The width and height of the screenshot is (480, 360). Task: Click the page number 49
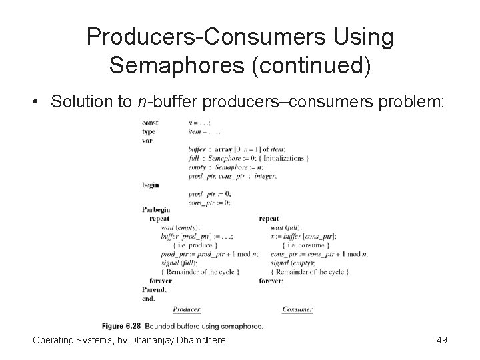[441, 341]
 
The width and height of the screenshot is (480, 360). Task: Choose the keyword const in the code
[149, 123]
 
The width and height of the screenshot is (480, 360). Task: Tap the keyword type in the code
[148, 131]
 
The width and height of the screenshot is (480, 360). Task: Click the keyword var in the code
[147, 140]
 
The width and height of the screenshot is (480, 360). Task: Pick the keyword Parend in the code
[154, 289]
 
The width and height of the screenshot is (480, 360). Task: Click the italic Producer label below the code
[186, 309]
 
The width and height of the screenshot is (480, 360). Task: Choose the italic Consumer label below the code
[297, 309]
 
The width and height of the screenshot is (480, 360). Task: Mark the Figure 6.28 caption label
[122, 326]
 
